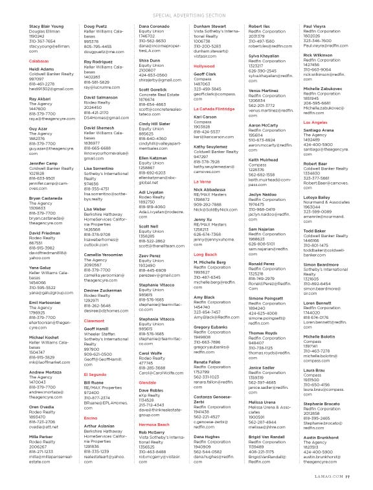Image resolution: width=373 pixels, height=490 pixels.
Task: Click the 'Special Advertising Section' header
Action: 186,12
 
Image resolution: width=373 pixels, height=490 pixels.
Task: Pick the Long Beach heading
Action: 205,255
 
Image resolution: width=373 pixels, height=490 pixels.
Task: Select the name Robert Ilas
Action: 260,26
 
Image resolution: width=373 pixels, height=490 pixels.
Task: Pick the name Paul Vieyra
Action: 315,26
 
